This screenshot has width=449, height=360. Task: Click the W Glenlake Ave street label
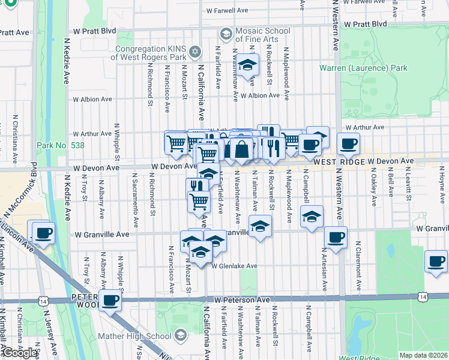(234, 266)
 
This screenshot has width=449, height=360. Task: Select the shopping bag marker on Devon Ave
(241, 149)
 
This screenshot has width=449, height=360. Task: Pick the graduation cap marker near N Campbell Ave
(311, 217)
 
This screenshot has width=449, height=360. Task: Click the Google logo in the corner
(19, 353)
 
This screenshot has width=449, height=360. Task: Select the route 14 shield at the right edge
(424, 297)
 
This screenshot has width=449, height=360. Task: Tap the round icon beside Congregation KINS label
(194, 53)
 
